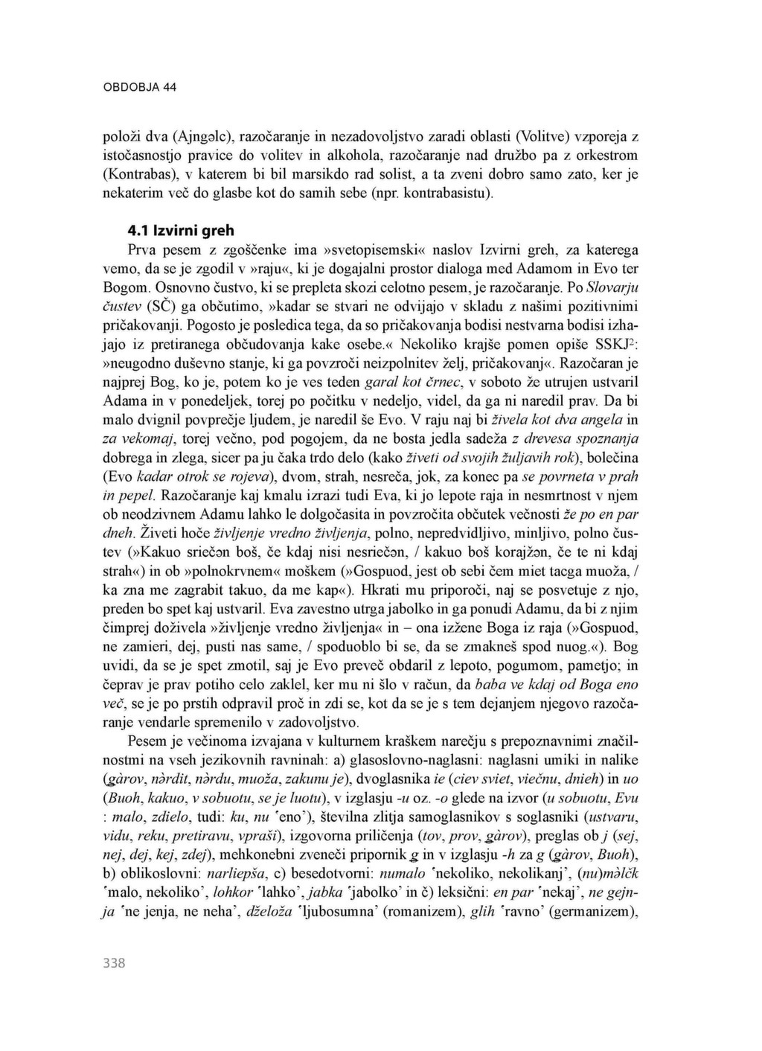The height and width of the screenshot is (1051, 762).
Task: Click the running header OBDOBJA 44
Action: coord(139,86)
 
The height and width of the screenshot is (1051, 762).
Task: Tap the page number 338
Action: coord(114,964)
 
